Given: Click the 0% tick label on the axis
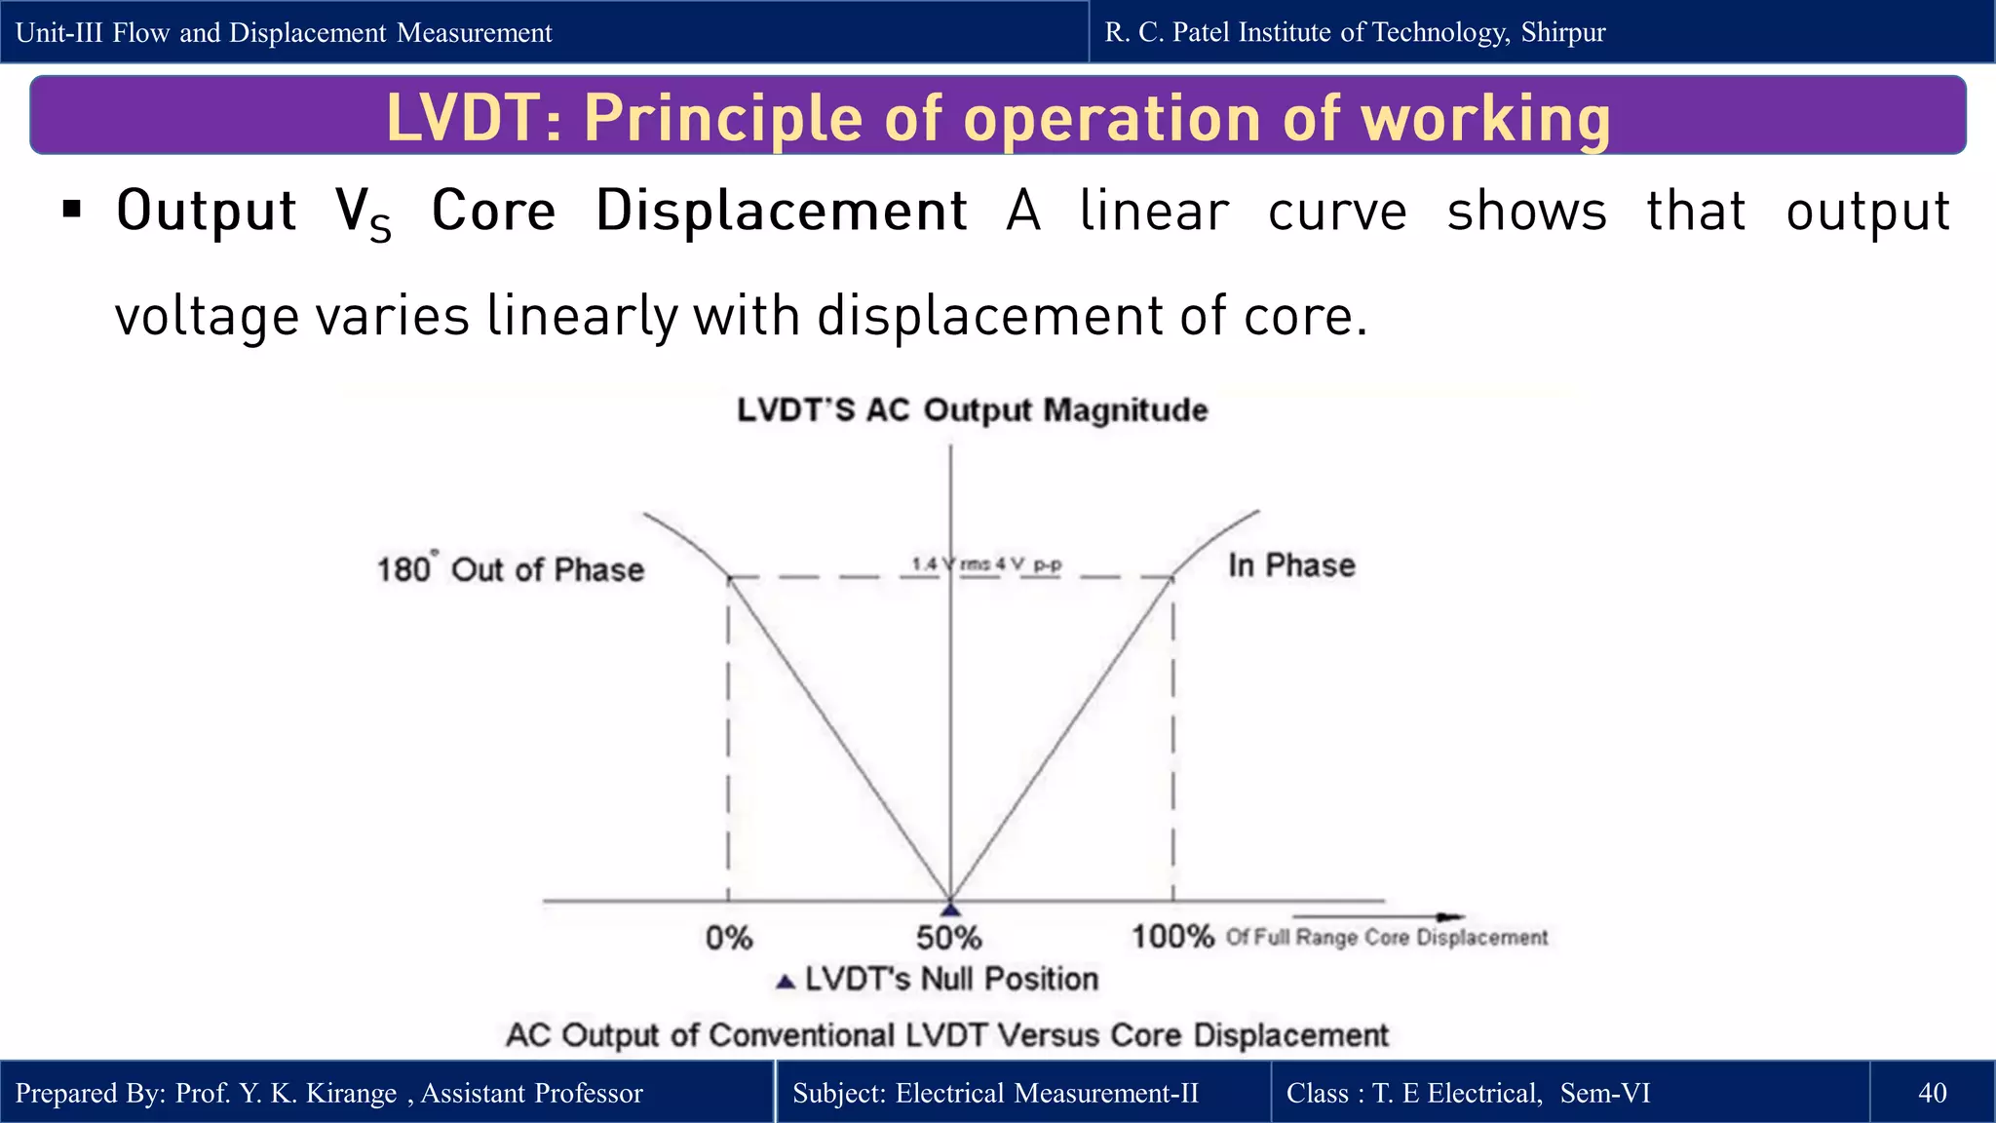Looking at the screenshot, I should click(729, 938).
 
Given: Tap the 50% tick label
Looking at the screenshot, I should click(948, 938).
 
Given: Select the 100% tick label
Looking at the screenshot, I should click(1171, 937).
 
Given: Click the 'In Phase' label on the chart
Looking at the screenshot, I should click(1291, 565).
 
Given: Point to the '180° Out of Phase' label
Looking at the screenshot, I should click(511, 569).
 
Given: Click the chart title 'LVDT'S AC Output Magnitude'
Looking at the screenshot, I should click(972, 410).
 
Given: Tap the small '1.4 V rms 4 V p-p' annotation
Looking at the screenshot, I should click(986, 564).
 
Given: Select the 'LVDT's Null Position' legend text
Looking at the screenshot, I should click(950, 979).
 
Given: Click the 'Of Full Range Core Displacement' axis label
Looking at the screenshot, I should click(1386, 938).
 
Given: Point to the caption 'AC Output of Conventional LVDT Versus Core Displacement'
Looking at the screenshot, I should click(946, 1035).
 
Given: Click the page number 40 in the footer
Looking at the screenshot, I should click(1932, 1093).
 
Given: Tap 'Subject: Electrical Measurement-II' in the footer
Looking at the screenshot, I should click(995, 1093).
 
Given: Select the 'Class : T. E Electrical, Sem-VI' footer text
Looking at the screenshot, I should click(1468, 1093).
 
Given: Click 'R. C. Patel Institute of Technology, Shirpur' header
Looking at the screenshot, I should click(1355, 32).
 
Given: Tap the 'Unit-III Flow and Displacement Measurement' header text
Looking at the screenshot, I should click(284, 32).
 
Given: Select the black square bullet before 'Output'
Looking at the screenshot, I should click(71, 209).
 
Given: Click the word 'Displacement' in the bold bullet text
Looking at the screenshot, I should click(782, 211).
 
